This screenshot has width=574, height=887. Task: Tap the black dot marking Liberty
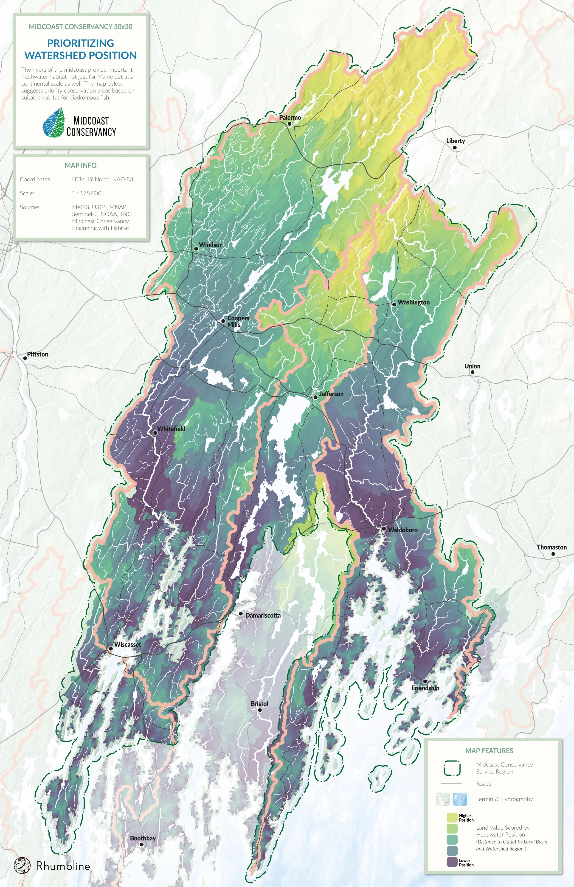[455, 148]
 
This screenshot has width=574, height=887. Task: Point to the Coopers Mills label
[238, 321]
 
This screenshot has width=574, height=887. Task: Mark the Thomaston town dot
[553, 554]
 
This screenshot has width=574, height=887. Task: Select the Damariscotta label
[263, 615]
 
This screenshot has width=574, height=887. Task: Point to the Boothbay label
[143, 838]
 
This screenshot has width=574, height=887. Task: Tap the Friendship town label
[425, 688]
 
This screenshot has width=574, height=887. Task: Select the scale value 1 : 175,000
[87, 193]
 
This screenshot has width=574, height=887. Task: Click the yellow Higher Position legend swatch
[452, 817]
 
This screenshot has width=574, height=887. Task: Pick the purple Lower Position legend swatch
[452, 862]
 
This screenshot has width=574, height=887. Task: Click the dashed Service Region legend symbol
[452, 768]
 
